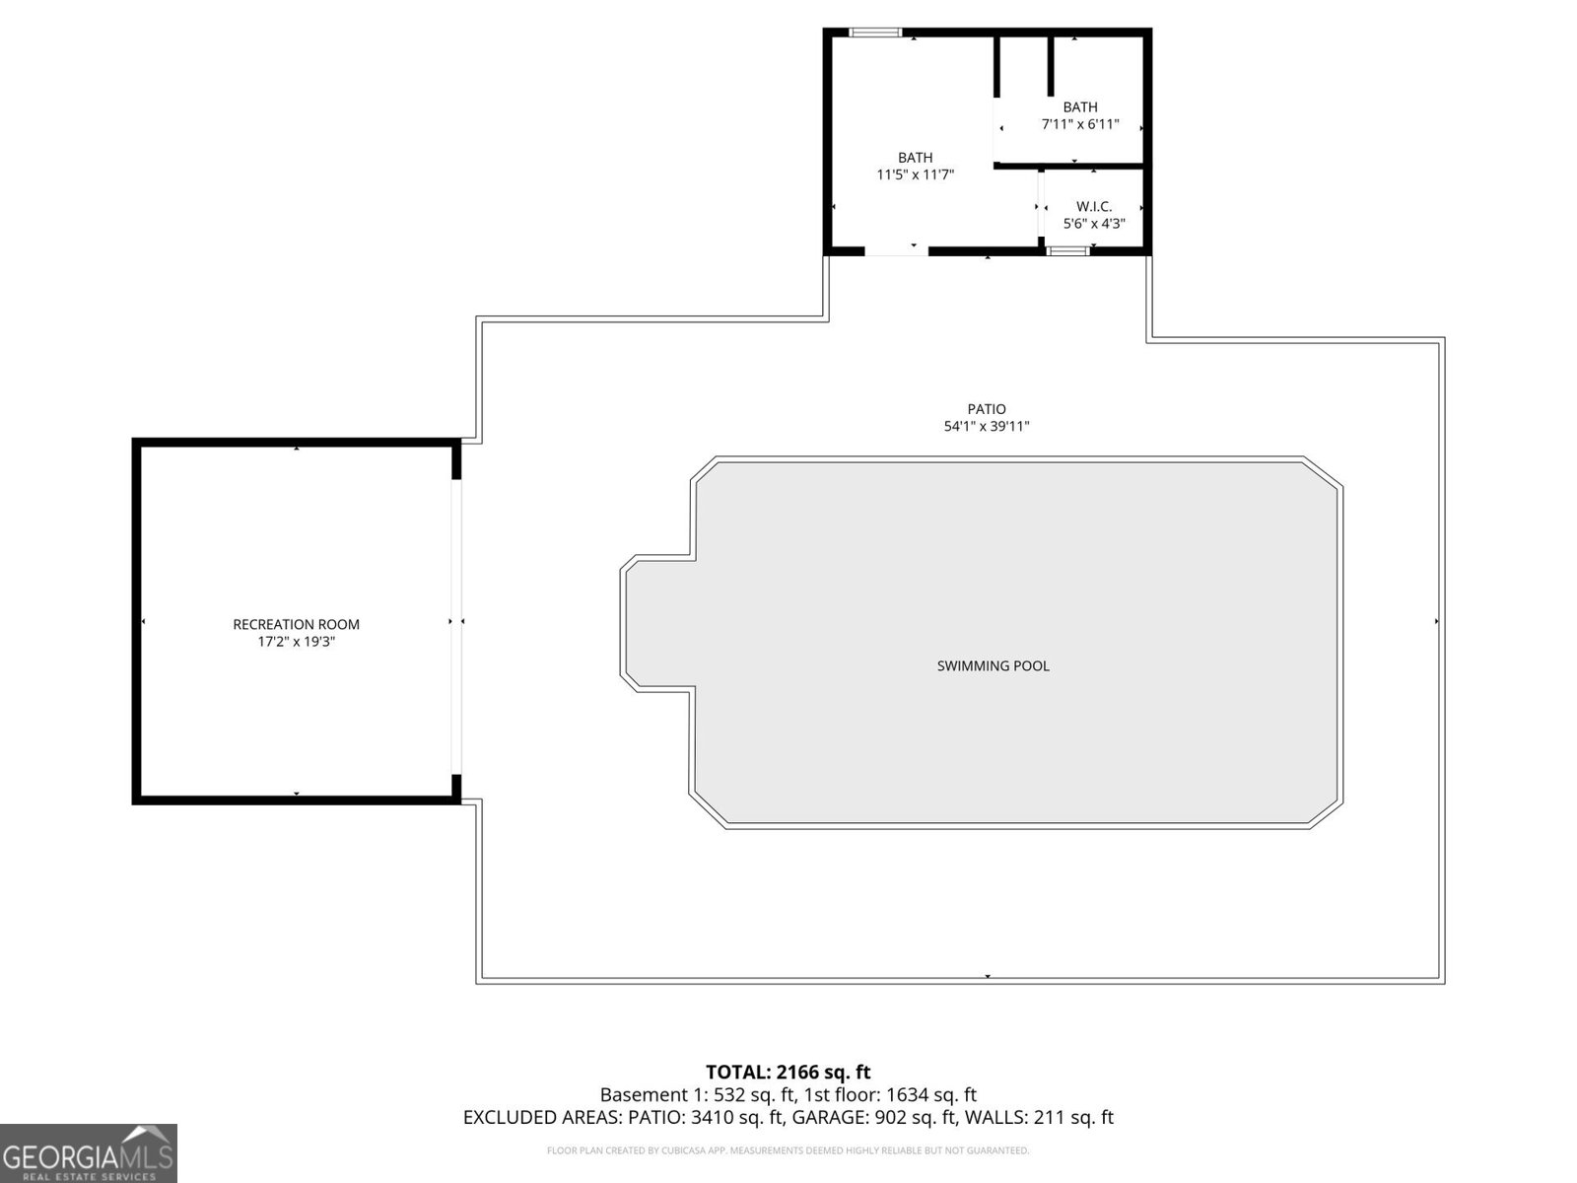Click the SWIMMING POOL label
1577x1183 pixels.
pyautogui.click(x=993, y=666)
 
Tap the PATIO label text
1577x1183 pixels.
pyautogui.click(x=987, y=409)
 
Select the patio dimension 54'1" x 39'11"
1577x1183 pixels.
pyautogui.click(x=987, y=427)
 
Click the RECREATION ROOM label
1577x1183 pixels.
pyautogui.click(x=296, y=624)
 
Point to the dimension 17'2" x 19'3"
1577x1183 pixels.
pyautogui.click(x=296, y=642)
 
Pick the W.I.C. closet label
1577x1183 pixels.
pyautogui.click(x=1094, y=206)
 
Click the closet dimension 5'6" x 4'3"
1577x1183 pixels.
pyautogui.click(x=1094, y=224)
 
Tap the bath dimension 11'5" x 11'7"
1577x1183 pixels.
pyautogui.click(x=915, y=175)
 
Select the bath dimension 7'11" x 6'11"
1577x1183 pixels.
pyautogui.click(x=1080, y=125)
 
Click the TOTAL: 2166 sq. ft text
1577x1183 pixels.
pyautogui.click(x=788, y=1072)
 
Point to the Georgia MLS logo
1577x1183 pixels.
pyautogui.click(x=89, y=1153)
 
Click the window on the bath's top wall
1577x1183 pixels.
pyautogui.click(x=875, y=33)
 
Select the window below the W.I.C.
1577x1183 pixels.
pyautogui.click(x=1067, y=251)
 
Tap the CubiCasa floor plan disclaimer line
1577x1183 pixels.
pyautogui.click(x=788, y=1150)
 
